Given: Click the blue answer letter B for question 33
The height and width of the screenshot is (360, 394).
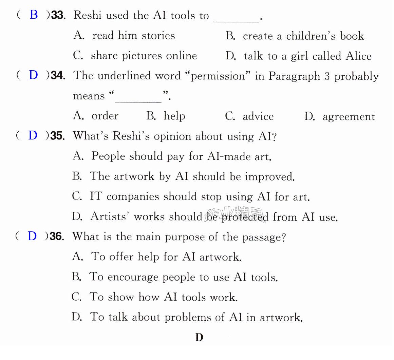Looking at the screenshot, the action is pos(34,15).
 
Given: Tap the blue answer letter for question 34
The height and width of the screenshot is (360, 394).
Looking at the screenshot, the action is pos(33,75).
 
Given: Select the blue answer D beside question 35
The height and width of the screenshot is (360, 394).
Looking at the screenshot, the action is pos(33,135).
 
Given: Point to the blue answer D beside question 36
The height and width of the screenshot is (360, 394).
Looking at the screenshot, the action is pos(32,236).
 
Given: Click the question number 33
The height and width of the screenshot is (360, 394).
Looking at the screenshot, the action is pos(58,15).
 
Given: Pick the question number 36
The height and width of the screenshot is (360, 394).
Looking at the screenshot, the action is pos(57,236).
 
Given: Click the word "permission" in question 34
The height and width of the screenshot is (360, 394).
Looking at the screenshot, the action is pos(218,76).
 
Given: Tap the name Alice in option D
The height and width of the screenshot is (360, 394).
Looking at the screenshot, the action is pos(358,56).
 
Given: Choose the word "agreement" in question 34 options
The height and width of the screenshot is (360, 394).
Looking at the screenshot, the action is pos(349,117).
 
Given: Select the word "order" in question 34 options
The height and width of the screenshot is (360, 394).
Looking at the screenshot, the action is pos(105,116).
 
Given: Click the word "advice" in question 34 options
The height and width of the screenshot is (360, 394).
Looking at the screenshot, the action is pos(258,116).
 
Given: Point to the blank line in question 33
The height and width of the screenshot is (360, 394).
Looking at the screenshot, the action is pos(236,22).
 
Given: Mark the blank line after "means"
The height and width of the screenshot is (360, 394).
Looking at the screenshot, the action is pos(138,102).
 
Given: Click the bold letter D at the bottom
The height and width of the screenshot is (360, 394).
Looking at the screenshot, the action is pos(199,337).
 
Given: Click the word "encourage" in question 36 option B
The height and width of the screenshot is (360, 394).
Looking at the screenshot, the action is pos(133,277).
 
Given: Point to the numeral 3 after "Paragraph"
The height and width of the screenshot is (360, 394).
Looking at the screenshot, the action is pos(327,76).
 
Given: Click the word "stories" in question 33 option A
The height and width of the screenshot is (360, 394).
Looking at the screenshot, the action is pos(158,36).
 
